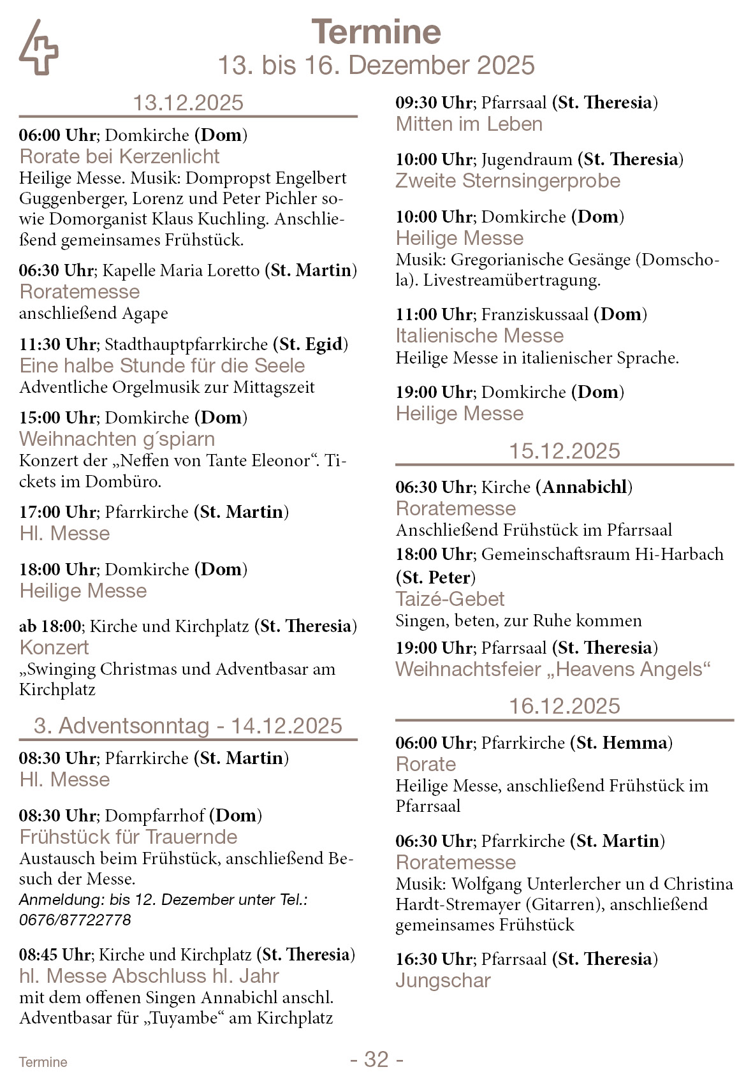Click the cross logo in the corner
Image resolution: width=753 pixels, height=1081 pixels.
(x=38, y=47)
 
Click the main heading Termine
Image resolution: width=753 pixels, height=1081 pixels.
(x=376, y=32)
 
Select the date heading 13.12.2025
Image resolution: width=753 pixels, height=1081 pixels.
(x=188, y=103)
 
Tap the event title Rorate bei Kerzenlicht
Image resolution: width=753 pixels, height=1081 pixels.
(x=119, y=156)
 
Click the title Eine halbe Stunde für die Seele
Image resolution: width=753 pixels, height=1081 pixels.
(x=162, y=365)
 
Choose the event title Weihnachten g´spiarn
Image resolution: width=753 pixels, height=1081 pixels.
(x=117, y=439)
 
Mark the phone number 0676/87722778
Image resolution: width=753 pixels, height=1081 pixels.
(x=75, y=920)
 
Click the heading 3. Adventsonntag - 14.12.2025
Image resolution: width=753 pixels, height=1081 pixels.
(x=188, y=726)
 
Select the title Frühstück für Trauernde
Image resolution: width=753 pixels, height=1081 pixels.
(x=128, y=837)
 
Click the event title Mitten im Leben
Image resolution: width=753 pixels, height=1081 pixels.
(x=469, y=124)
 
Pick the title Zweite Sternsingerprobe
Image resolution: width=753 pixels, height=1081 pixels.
(x=508, y=180)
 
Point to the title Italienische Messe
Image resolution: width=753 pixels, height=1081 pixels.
(x=479, y=335)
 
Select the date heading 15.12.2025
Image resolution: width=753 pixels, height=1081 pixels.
(x=564, y=451)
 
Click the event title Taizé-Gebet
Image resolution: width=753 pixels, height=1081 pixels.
(x=450, y=599)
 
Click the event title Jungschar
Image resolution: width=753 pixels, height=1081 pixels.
(x=443, y=980)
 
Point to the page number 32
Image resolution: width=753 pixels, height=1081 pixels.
(x=376, y=1059)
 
